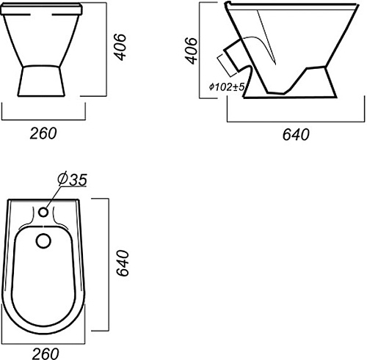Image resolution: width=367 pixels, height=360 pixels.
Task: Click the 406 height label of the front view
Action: [120, 47]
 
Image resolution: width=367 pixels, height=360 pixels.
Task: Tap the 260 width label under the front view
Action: [43, 133]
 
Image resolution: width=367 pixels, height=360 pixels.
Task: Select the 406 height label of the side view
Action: [191, 51]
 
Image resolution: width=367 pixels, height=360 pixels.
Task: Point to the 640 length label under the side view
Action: [296, 134]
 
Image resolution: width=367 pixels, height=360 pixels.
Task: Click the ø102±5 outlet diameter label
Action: [227, 87]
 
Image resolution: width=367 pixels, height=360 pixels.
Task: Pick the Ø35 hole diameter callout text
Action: [72, 179]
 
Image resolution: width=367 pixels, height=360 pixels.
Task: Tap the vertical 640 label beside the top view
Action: [123, 263]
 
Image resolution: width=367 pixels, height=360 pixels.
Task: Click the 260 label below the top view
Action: [46, 353]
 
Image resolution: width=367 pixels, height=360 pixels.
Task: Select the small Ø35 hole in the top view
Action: [43, 212]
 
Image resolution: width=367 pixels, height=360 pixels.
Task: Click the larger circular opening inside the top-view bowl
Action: [43, 240]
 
